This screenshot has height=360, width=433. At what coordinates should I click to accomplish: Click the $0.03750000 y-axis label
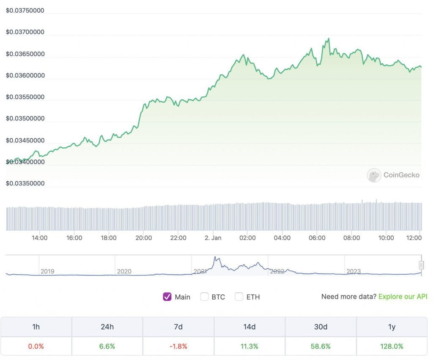pyautogui.click(x=25, y=11)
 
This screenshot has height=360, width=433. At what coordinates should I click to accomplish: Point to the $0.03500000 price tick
pyautogui.click(x=25, y=119)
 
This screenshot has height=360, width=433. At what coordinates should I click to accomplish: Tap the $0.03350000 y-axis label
pyautogui.click(x=25, y=183)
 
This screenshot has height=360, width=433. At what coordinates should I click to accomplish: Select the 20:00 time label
pyautogui.click(x=143, y=238)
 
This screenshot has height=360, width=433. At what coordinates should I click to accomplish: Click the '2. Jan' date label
pyautogui.click(x=213, y=238)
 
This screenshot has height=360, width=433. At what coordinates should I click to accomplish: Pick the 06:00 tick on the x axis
pyautogui.click(x=317, y=238)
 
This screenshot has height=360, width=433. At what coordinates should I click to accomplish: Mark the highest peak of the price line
pyautogui.click(x=328, y=38)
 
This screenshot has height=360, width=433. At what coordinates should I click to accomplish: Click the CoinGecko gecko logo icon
pyautogui.click(x=374, y=175)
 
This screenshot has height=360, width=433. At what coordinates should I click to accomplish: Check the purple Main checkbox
pyautogui.click(x=167, y=297)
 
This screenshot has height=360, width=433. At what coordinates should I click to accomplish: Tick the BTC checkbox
pyautogui.click(x=204, y=297)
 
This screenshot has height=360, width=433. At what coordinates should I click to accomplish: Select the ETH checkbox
pyautogui.click(x=239, y=297)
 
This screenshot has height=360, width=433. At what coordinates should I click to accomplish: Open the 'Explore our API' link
pyautogui.click(x=403, y=297)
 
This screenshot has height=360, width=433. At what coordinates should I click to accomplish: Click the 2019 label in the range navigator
pyautogui.click(x=47, y=271)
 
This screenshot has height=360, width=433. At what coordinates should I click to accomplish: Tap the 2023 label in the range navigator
pyautogui.click(x=354, y=271)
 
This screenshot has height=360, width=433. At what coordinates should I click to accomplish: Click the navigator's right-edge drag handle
pyautogui.click(x=421, y=265)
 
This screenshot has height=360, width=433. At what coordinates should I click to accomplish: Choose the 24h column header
pyautogui.click(x=107, y=327)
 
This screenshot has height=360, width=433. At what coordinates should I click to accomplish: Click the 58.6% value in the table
pyautogui.click(x=321, y=346)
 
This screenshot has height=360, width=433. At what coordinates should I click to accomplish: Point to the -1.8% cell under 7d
pyautogui.click(x=178, y=346)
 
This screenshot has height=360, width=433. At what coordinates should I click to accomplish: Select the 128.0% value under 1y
pyautogui.click(x=392, y=346)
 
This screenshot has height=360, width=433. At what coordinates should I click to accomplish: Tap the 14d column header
pyautogui.click(x=249, y=327)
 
